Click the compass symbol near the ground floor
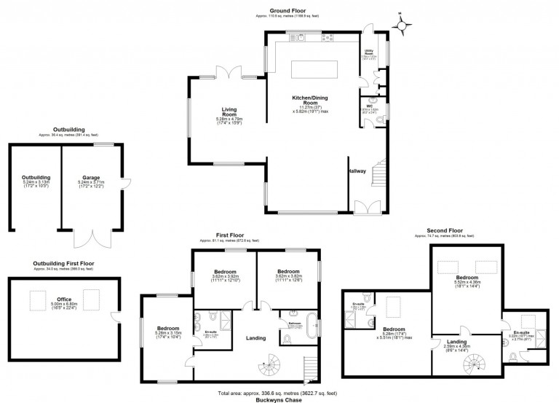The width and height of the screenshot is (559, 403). pos(402,25)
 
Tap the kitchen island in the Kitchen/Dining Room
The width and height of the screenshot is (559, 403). pos(315,69)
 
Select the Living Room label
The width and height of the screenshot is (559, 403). pos(230,111)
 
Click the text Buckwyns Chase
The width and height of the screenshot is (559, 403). pos(280,399)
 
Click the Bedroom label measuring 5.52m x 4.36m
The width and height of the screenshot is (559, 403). pos(467,278)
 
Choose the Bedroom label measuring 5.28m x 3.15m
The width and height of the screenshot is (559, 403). pos(165,329)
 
